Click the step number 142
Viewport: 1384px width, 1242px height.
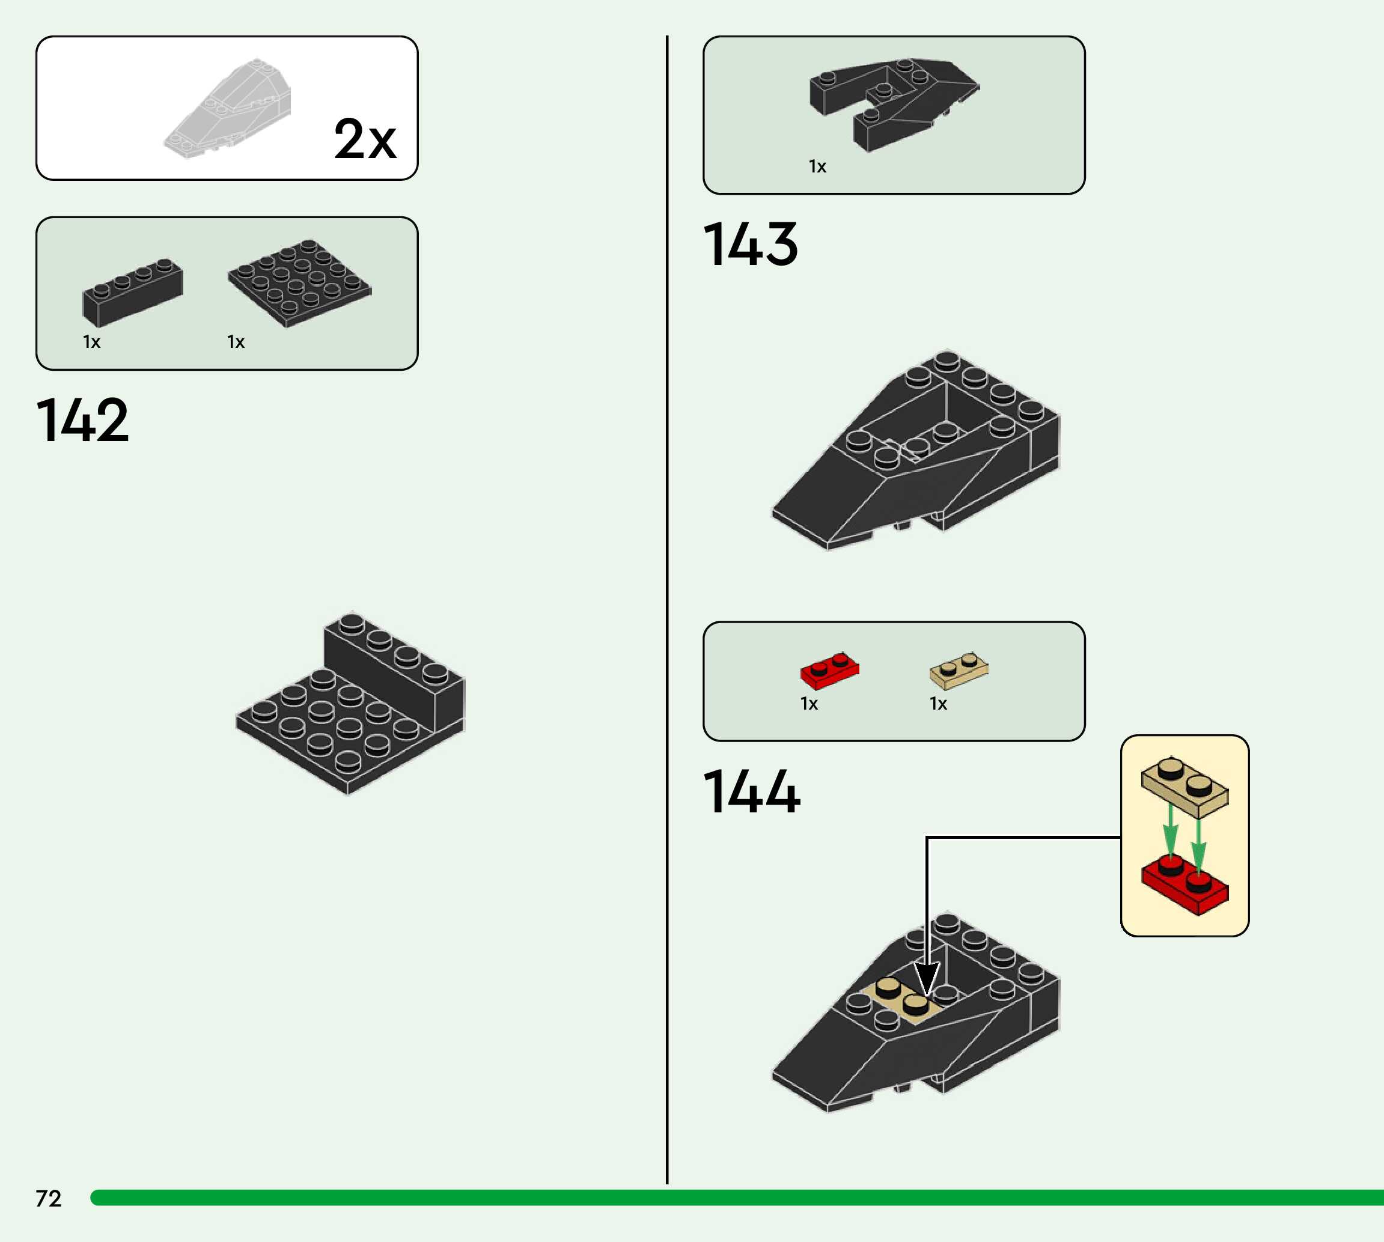[x=82, y=421]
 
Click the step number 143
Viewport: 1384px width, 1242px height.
[x=750, y=245]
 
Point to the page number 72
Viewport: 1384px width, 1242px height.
[x=49, y=1198]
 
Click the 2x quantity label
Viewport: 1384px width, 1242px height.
[x=365, y=139]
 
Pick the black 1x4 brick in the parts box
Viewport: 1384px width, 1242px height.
[x=132, y=291]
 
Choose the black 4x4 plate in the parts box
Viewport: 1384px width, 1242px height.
[x=300, y=282]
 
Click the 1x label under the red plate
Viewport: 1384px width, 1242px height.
[x=809, y=704]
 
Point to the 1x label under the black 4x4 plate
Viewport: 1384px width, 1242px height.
[x=236, y=342]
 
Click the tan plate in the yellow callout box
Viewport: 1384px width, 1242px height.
[x=1184, y=787]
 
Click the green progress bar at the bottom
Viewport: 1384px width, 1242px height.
[x=737, y=1198]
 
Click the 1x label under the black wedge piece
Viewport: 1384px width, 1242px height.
[x=817, y=166]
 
